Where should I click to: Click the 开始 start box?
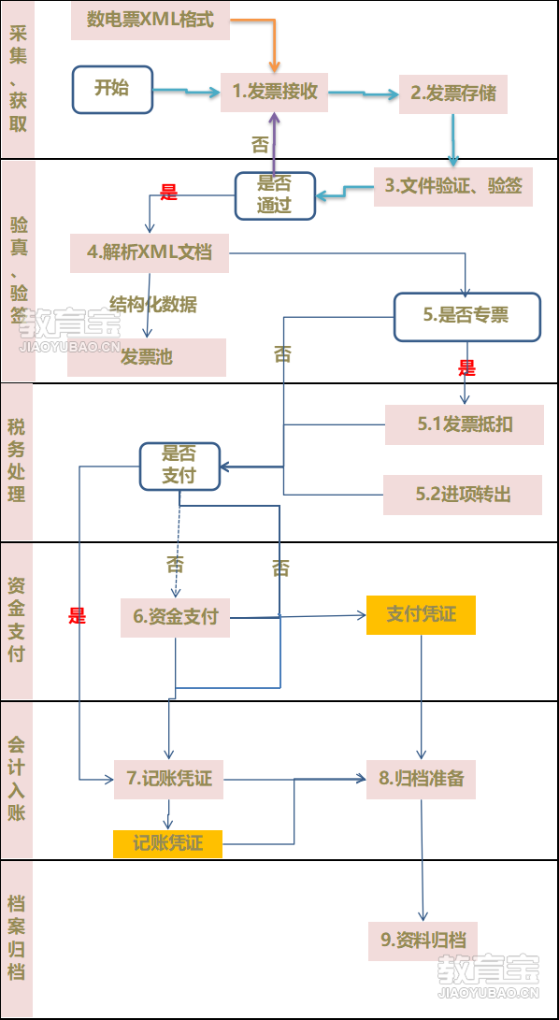[x=112, y=89]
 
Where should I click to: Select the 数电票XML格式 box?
[x=150, y=21]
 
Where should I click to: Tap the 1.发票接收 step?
[x=274, y=93]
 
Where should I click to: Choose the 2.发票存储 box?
[x=453, y=94]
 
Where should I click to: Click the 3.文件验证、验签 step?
[x=453, y=187]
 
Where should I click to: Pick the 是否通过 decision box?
[x=275, y=195]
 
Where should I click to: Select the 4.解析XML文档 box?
[x=150, y=253]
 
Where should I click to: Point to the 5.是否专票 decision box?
[x=467, y=317]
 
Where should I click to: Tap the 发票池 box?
[x=147, y=357]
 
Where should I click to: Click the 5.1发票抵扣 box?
[x=465, y=424]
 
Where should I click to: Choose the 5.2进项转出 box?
[x=463, y=495]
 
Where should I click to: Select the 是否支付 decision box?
[x=179, y=467]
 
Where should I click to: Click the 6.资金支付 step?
[x=175, y=617]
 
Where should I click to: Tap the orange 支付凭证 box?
[x=421, y=615]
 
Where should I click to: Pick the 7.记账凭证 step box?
[x=168, y=780]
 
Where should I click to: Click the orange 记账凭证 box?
[x=168, y=844]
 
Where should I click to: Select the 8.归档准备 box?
[x=421, y=780]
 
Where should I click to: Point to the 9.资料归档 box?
[x=423, y=941]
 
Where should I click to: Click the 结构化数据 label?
[x=153, y=305]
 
